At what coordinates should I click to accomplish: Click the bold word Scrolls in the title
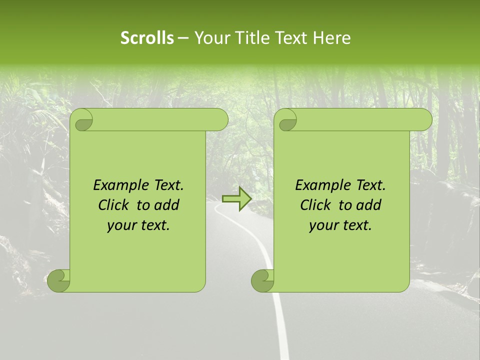(x=147, y=38)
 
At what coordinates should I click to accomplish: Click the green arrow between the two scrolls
(x=237, y=198)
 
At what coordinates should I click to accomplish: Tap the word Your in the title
(x=209, y=38)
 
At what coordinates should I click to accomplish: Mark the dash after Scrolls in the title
(x=183, y=38)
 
